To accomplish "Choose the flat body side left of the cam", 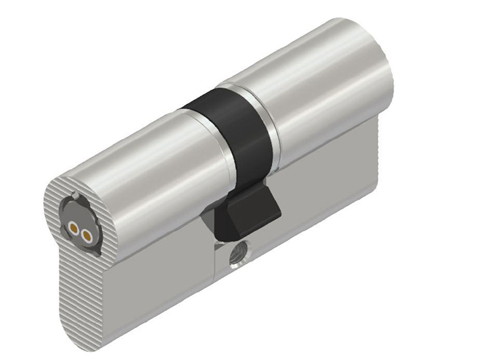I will [x=153, y=279].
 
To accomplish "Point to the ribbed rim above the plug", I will [x=67, y=183].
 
